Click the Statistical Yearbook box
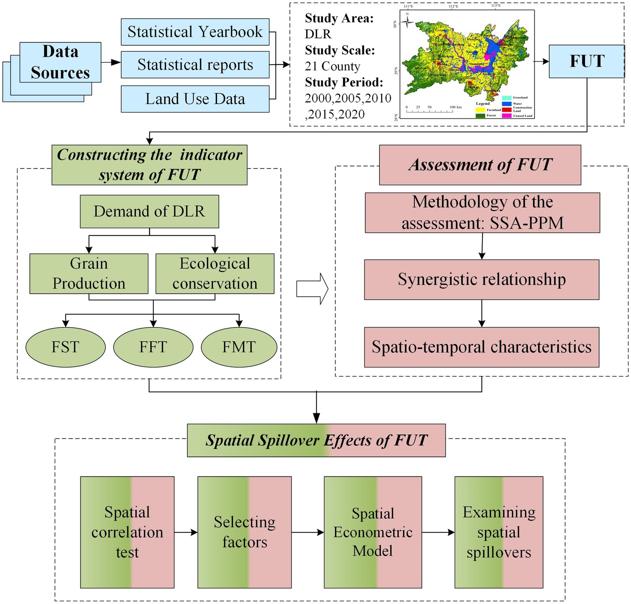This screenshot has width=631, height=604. [195, 32]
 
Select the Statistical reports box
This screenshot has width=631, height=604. [195, 65]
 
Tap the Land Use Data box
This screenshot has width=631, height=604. [195, 99]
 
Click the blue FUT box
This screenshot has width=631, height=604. [586, 61]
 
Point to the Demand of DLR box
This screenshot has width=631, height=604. [149, 211]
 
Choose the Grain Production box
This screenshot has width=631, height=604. [89, 274]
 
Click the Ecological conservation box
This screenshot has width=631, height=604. [215, 274]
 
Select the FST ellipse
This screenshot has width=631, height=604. [66, 347]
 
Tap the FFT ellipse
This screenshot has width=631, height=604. [153, 347]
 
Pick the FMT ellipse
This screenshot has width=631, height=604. [239, 347]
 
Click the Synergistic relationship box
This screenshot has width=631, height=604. [481, 280]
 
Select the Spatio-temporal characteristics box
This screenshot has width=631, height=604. [481, 347]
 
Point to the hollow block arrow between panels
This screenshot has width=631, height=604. [312, 289]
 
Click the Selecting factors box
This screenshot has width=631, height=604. [245, 532]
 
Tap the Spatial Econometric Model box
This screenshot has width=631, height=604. [373, 532]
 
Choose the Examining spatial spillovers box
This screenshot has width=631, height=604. [499, 532]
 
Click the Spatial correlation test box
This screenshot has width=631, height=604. [127, 532]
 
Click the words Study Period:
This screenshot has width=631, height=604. [344, 82]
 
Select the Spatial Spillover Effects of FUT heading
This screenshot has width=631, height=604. [316, 440]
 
